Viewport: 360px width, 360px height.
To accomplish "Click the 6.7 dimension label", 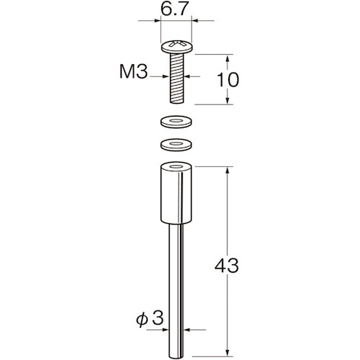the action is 174,9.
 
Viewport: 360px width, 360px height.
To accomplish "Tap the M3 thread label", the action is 133,72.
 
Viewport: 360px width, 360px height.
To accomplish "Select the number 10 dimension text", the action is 228,80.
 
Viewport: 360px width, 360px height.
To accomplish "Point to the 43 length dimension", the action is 227,266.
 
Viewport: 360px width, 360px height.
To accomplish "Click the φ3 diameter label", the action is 150,318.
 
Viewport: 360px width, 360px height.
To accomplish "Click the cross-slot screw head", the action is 177,47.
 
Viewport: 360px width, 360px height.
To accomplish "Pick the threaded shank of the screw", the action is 177,78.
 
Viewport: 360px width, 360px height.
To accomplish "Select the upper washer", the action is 176,122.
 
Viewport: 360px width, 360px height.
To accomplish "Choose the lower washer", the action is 176,145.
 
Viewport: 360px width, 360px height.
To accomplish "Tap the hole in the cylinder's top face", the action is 176,166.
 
